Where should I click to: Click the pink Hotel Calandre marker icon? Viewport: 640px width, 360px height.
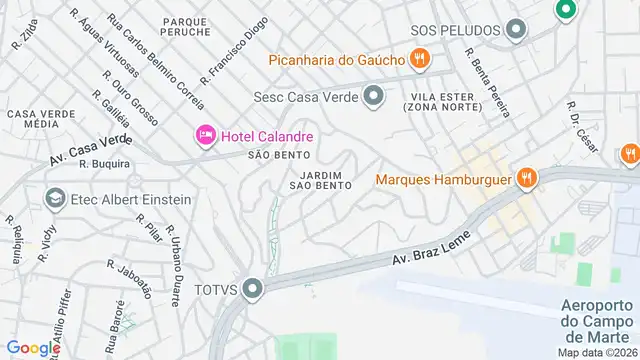pos(206,134)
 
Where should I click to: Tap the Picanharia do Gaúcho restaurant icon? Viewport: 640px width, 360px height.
pos(420,60)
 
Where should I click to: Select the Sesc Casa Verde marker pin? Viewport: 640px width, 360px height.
pos(374,97)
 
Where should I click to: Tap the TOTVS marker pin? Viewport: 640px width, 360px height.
pos(253,289)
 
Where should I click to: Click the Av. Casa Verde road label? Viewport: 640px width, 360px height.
pos(90,151)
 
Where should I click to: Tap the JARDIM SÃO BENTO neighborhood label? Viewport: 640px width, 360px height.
pos(320,180)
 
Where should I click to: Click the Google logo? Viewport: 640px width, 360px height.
pos(32,347)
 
